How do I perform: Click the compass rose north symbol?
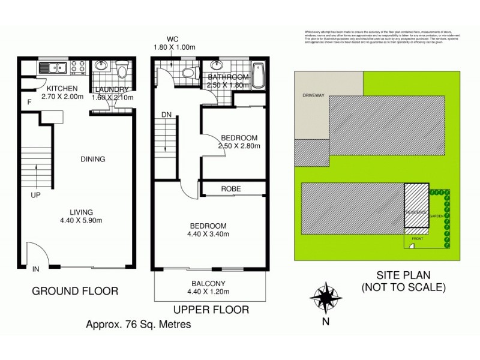326,297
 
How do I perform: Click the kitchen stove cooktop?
79,67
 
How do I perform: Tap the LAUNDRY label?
111,90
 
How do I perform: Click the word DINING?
93,159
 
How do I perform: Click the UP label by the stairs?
36,194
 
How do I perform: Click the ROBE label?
231,189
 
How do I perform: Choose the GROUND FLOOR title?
74,291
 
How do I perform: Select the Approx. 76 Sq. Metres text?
139,325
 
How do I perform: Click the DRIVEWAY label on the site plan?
314,95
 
